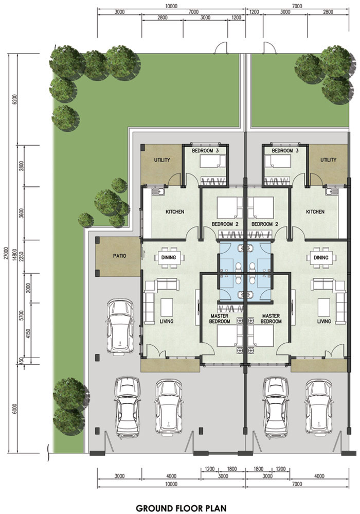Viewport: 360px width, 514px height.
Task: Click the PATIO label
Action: click(x=119, y=256)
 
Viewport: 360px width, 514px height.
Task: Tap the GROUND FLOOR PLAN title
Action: click(x=181, y=508)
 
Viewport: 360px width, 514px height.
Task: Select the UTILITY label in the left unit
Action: click(x=162, y=160)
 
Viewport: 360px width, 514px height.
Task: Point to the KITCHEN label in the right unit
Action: click(x=315, y=212)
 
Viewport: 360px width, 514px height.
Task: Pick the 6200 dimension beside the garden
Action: click(x=14, y=99)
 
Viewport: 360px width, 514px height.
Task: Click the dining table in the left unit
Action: click(x=168, y=258)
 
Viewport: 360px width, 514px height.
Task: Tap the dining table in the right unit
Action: click(x=321, y=258)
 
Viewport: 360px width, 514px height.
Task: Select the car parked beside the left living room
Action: click(x=120, y=327)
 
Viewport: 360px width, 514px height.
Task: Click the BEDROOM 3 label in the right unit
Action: click(x=285, y=151)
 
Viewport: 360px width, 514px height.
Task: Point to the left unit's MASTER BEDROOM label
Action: click(x=220, y=318)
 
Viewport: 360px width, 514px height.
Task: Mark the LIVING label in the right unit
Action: click(x=324, y=321)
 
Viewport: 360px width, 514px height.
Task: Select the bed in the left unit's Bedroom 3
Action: click(x=213, y=162)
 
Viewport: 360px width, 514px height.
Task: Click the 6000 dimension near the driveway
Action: click(x=14, y=409)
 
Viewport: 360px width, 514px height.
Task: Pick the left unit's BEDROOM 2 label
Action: click(x=225, y=224)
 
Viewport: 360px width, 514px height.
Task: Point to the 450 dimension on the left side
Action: click(x=22, y=361)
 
